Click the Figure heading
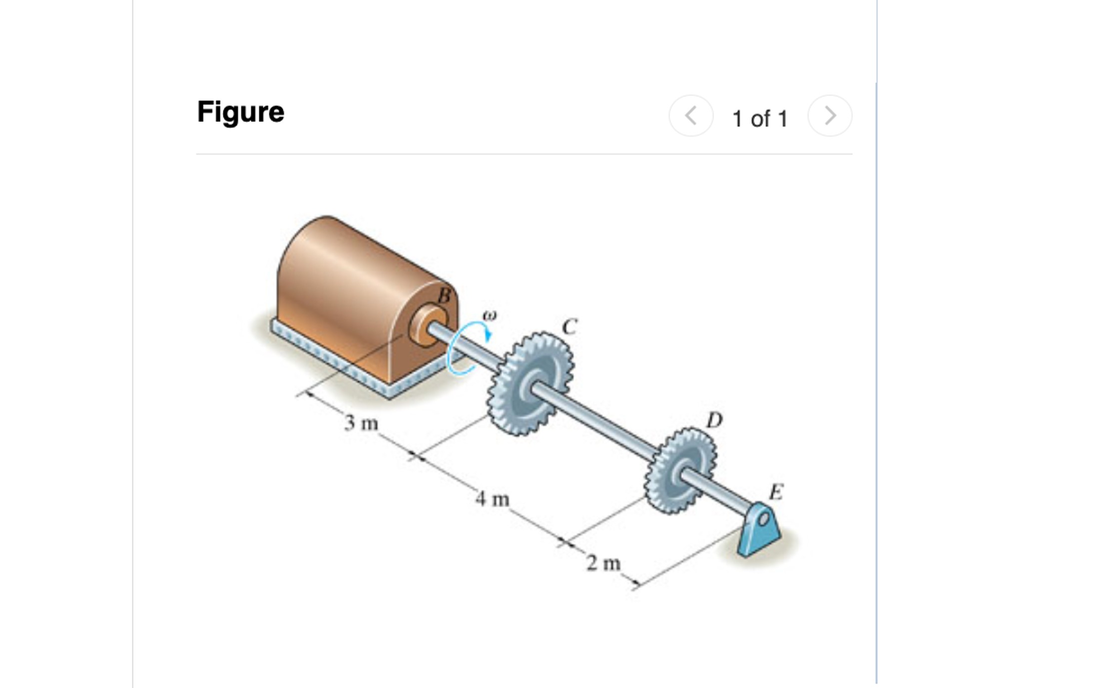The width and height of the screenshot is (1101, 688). pos(240,112)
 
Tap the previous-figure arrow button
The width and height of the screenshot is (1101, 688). pos(691,116)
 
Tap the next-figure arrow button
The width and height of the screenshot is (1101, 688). pos(830,116)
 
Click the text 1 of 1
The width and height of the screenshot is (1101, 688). pos(760,119)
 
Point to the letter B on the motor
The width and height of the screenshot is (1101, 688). pos(444,296)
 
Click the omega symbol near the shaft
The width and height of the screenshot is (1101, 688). pos(490,316)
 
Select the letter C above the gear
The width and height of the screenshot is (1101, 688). pos(569,327)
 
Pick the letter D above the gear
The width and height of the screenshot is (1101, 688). pos(714,420)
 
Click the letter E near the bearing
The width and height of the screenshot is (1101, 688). pos(776,492)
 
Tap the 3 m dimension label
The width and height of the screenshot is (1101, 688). pos(361,423)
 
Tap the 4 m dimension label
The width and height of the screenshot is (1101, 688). pos(493,499)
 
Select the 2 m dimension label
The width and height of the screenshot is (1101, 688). pos(603,563)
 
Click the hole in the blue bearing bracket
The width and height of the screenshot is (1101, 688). pos(764,519)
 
